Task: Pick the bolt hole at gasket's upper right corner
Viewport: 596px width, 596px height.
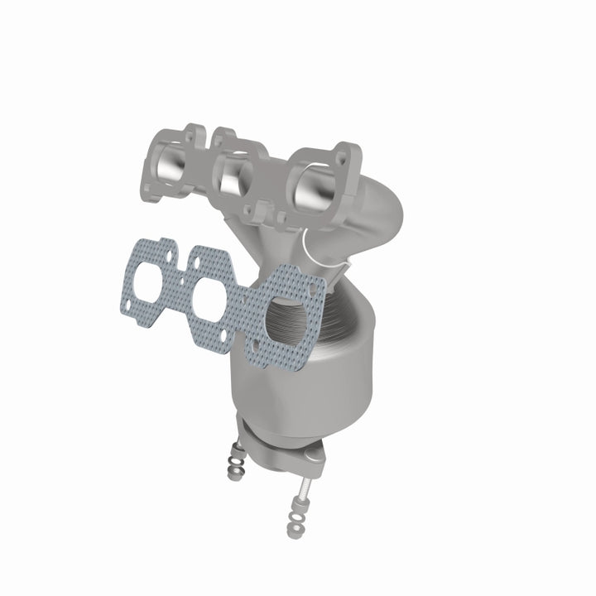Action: pyautogui.click(x=315, y=282)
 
